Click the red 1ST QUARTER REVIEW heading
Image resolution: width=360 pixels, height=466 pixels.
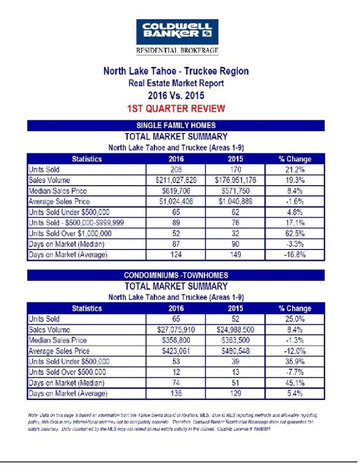point(175,109)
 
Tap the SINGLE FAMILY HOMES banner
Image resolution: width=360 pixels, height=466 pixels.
point(176,125)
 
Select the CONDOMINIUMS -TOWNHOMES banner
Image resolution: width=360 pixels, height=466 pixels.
point(176,275)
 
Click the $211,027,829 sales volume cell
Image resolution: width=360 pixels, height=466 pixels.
point(175,180)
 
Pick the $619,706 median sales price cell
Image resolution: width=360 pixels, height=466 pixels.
point(175,191)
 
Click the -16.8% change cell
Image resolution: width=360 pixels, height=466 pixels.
point(295,255)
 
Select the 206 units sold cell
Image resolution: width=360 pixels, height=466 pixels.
point(175,169)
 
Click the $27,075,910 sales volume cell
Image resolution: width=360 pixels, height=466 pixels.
point(175,330)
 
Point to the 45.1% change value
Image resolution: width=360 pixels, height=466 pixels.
point(295,383)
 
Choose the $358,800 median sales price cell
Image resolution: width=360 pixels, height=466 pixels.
point(175,340)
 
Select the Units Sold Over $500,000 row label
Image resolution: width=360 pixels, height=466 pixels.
point(67,373)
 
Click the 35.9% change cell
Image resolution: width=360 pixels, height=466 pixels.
point(295,362)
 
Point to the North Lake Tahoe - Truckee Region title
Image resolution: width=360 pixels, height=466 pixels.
point(175,71)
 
